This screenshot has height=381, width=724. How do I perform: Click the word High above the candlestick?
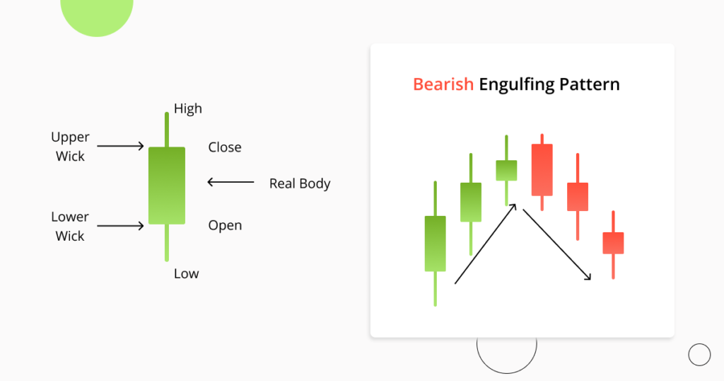[x=188, y=108]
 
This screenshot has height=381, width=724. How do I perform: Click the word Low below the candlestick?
[x=186, y=273]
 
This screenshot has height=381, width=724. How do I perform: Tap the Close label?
[x=225, y=147]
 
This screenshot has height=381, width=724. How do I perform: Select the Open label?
[x=225, y=225]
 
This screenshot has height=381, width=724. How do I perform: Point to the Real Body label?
[x=300, y=183]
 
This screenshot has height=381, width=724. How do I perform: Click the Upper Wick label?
[x=70, y=146]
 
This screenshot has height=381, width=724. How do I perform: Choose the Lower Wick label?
[x=70, y=226]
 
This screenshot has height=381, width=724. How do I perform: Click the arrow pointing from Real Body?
[x=230, y=183]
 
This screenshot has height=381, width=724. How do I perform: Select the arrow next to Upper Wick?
[x=120, y=147]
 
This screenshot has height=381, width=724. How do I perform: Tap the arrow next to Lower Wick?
[x=120, y=226]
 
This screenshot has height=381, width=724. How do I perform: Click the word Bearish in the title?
[x=443, y=85]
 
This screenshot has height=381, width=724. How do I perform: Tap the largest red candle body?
[x=542, y=169]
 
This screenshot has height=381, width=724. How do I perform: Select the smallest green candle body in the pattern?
[x=506, y=170]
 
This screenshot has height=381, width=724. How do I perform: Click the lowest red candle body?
[x=613, y=242]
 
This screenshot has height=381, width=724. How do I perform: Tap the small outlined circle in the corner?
[x=699, y=355]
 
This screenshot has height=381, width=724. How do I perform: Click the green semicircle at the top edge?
[x=97, y=14]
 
